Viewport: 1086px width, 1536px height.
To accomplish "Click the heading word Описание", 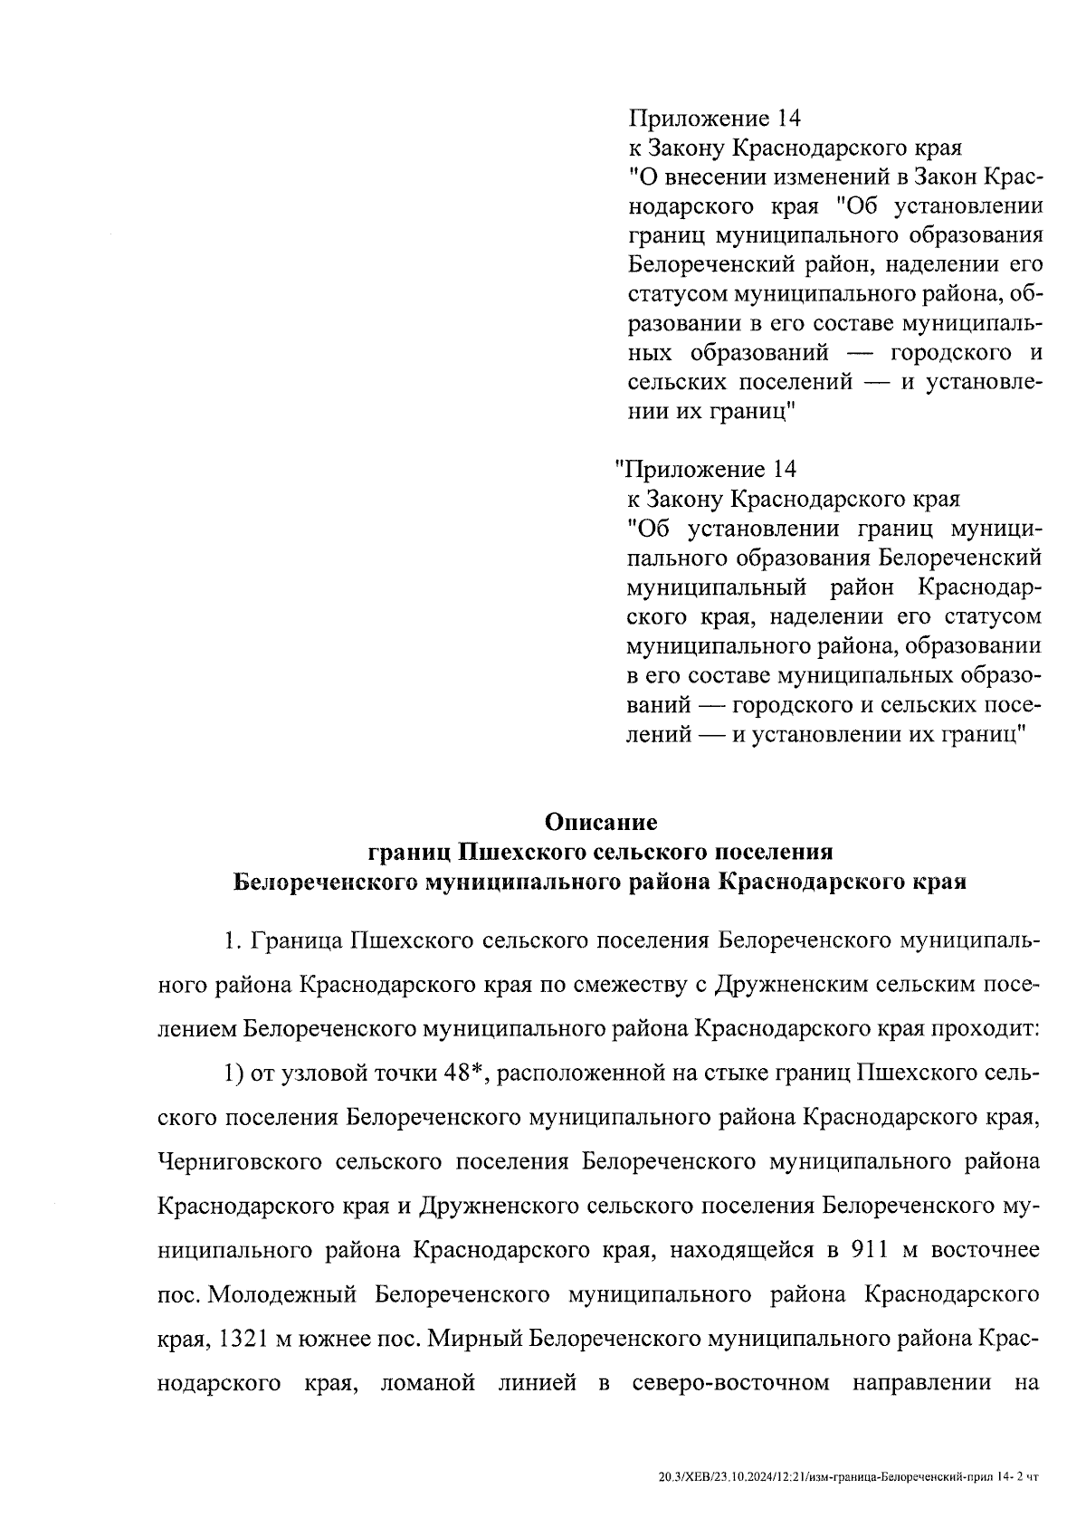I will coord(600,823).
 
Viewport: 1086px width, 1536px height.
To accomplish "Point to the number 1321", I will coord(240,1339).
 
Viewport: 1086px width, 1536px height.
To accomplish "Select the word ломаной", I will coord(429,1383).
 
